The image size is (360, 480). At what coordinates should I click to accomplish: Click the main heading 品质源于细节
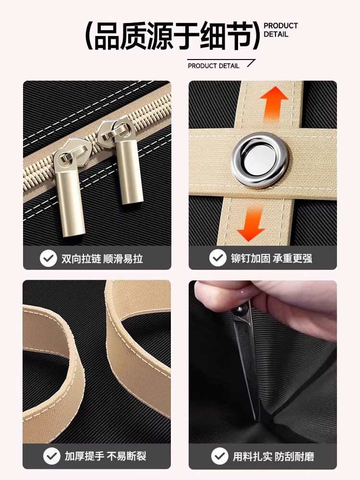pyautogui.click(x=172, y=36)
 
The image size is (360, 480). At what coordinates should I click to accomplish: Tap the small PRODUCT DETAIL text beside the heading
pyautogui.click(x=280, y=30)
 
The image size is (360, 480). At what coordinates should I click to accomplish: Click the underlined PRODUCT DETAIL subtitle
pyautogui.click(x=214, y=66)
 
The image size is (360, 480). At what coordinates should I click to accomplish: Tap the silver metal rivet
pyautogui.click(x=260, y=159)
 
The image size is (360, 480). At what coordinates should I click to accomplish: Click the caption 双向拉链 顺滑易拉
pyautogui.click(x=102, y=259)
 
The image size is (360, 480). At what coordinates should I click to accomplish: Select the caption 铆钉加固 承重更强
pyautogui.click(x=272, y=258)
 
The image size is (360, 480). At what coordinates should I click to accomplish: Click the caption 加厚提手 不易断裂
pyautogui.click(x=105, y=456)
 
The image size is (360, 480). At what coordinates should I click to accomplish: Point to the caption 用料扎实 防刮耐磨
pyautogui.click(x=274, y=456)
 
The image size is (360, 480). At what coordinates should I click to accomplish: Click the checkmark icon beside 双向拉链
pyautogui.click(x=48, y=258)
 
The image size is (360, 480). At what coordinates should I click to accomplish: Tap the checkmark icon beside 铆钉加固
pyautogui.click(x=218, y=258)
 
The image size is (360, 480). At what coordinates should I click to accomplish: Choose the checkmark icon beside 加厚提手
pyautogui.click(x=52, y=456)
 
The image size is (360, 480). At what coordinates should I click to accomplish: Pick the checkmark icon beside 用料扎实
pyautogui.click(x=220, y=456)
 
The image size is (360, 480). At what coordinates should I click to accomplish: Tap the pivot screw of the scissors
pyautogui.click(x=239, y=310)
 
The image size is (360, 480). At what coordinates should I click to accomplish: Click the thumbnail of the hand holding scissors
pyautogui.click(x=263, y=362)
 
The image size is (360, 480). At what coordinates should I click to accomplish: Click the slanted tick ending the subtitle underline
pyautogui.click(x=251, y=63)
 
